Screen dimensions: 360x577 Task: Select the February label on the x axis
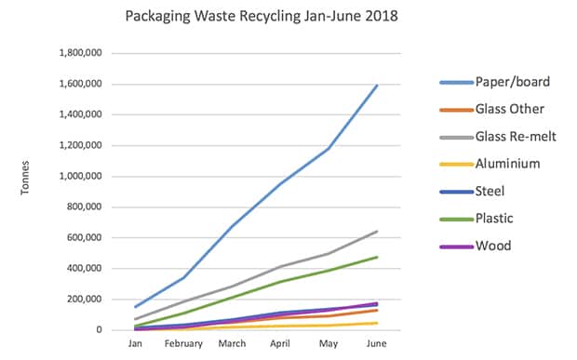184,342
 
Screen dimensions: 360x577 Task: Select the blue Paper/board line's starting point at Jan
136,307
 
